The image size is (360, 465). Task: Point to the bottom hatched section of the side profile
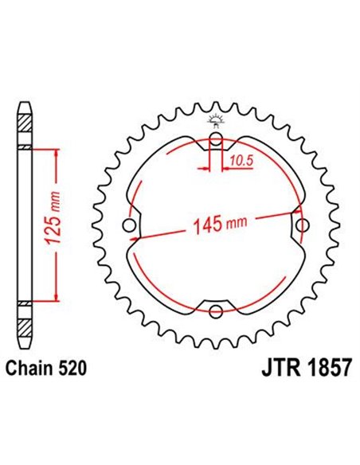[25, 322]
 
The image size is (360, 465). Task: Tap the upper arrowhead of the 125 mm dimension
[57, 152]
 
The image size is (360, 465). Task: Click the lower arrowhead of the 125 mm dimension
[57, 299]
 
